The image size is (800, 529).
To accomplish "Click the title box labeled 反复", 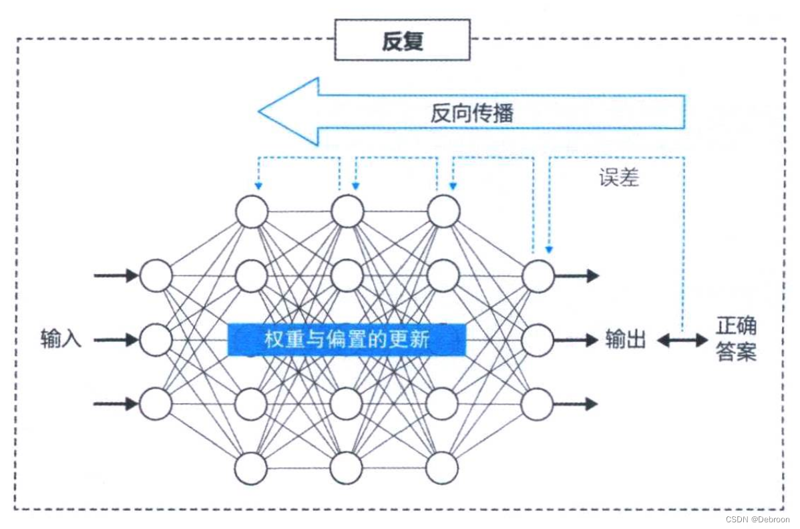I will [402, 41].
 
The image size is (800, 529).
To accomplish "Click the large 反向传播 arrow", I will [471, 112].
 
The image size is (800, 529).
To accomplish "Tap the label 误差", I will [619, 178].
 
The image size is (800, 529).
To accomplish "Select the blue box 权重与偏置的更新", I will [346, 339].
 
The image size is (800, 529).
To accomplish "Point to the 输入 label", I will [61, 339].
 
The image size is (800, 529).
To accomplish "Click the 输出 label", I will [626, 339].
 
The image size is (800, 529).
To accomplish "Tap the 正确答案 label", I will [736, 339].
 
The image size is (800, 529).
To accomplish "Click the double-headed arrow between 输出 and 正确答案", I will [682, 341].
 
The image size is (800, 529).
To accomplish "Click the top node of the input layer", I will [156, 275].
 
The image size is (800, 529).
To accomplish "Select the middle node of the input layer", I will [156, 339].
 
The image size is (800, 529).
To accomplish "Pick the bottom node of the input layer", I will [156, 403].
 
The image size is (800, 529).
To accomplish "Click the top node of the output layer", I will [538, 275].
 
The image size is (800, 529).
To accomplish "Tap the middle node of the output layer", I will [538, 339].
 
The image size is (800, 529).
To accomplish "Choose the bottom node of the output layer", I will [538, 403].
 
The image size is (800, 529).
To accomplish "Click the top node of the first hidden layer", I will [252, 211].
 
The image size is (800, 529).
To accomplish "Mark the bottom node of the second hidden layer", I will [347, 468].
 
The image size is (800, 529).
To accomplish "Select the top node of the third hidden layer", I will [443, 211].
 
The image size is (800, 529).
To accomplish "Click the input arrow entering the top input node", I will [116, 275].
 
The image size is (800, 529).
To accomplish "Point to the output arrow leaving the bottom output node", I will [576, 403].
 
